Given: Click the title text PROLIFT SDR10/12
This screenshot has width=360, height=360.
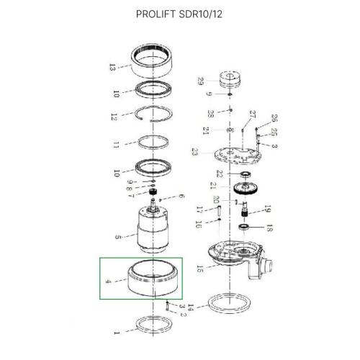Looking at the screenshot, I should pos(179,14).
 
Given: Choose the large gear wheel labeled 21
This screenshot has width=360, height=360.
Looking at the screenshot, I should pos(247,191).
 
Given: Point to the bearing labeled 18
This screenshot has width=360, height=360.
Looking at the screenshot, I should pos(247,228).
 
